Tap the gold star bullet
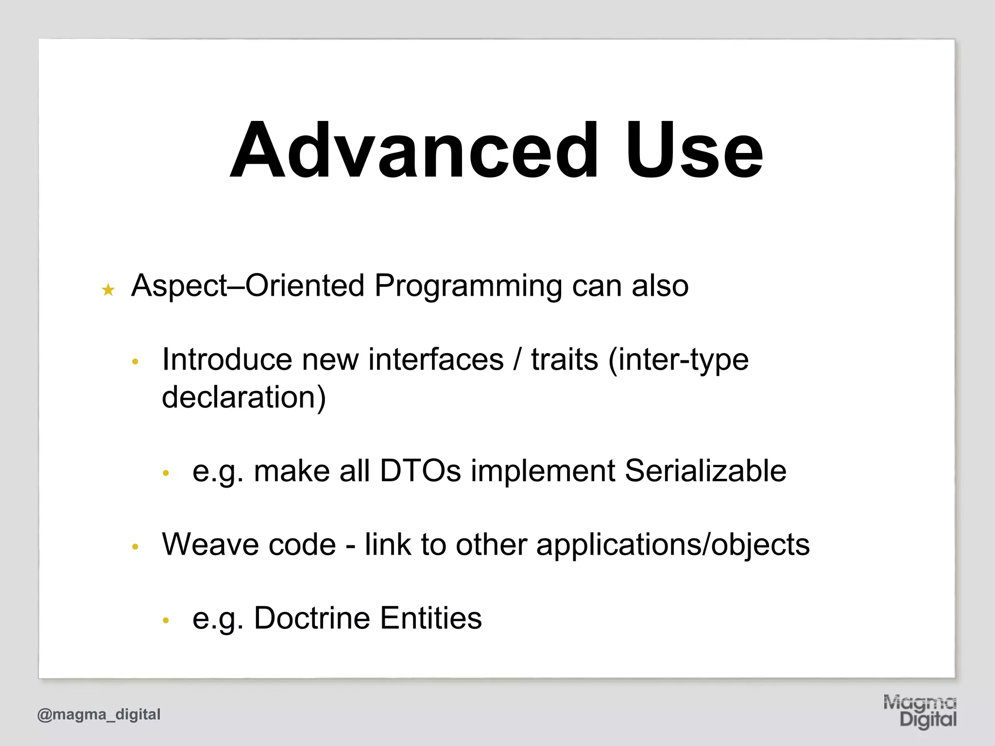point(108,290)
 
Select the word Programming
point(468,287)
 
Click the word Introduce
point(227,360)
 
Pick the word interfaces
point(436,360)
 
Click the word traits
point(564,360)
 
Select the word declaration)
point(244,397)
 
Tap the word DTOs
point(420,471)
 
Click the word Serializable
point(705,471)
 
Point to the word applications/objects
point(673,545)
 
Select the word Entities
point(431,618)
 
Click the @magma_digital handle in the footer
point(99,714)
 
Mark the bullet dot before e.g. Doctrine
point(166,621)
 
